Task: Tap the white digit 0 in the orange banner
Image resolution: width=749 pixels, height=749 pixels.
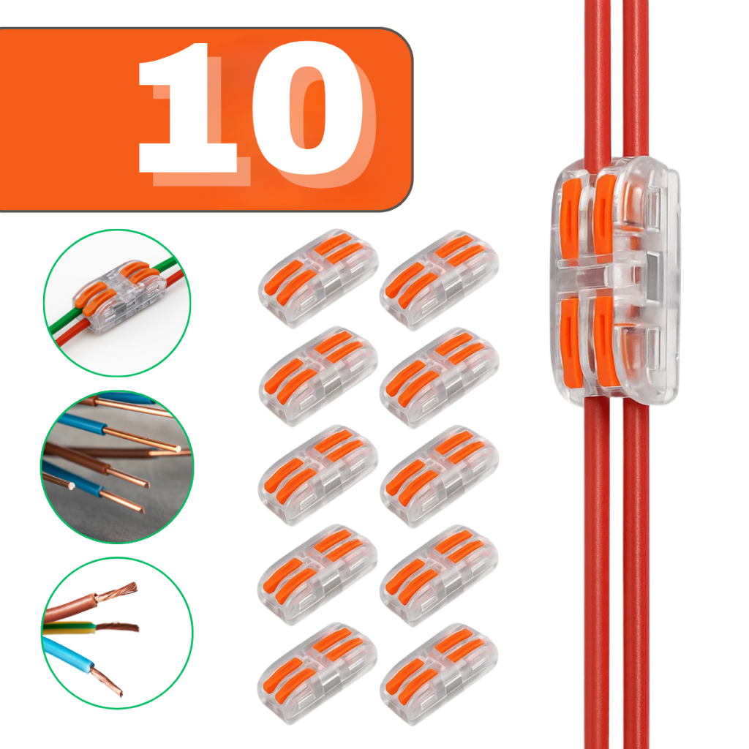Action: point(307,108)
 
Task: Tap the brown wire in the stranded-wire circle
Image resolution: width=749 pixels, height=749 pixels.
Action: point(72,606)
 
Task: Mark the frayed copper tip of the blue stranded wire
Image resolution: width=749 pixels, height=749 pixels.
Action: point(108,681)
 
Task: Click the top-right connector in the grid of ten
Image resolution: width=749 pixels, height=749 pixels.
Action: point(440,280)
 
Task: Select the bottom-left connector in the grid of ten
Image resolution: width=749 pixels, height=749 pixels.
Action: point(317,673)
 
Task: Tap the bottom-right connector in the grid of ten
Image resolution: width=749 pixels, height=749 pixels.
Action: point(439,674)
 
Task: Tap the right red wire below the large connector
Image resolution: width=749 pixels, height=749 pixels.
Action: point(636,573)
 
